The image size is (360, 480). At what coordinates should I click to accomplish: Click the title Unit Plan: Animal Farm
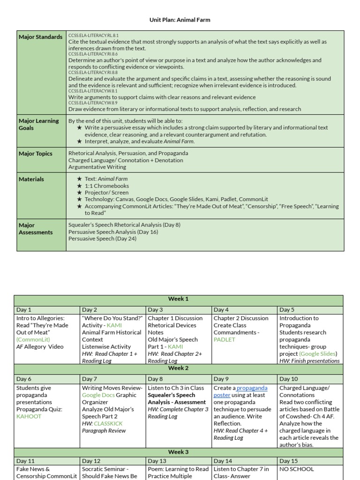pos(180,20)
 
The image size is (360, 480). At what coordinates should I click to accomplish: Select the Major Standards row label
pos(40,37)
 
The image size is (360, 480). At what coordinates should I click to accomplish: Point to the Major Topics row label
pos(36,154)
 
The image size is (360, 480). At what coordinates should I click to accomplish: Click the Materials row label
pos(31,179)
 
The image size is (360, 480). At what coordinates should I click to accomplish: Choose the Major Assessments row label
pos(36,229)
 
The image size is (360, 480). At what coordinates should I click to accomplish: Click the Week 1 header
pos(178,299)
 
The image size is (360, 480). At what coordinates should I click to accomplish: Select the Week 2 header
pos(178,368)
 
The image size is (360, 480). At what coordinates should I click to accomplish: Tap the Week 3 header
pos(178,452)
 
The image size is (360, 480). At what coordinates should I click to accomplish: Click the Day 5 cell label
pos(287,310)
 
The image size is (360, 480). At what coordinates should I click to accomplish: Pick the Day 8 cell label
pos(155,379)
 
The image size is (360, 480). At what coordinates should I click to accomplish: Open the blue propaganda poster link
pos(252,391)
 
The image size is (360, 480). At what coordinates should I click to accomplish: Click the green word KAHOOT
pos(29,416)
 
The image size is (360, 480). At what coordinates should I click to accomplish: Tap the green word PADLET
pos(224,339)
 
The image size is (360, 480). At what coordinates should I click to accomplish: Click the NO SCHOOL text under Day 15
pos(297,469)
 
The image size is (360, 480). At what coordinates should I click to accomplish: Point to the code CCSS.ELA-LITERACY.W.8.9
pos(93,103)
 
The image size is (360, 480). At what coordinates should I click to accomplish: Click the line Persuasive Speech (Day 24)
pos(98,239)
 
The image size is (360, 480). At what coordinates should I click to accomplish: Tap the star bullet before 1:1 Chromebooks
pos(80,186)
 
